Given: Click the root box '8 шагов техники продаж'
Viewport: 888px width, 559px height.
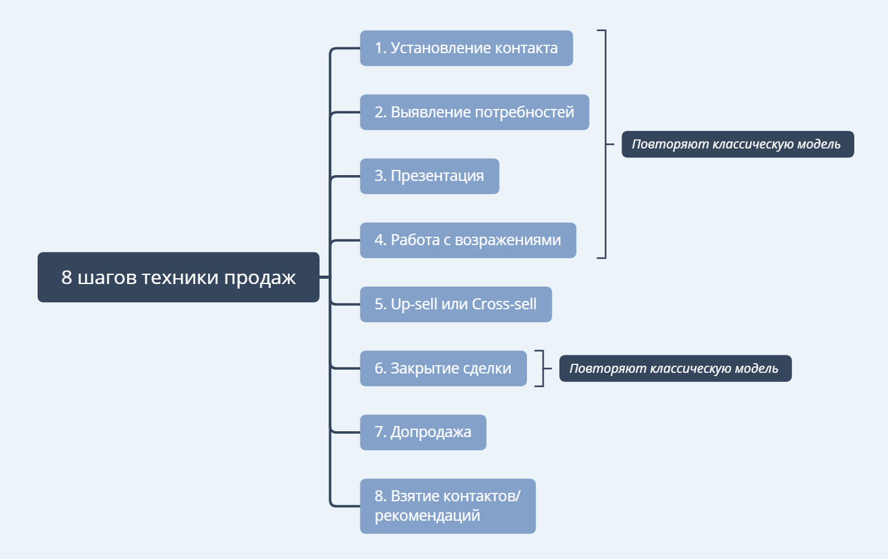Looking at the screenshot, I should coord(178,278).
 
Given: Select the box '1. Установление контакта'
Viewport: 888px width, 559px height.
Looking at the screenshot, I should coord(466,48).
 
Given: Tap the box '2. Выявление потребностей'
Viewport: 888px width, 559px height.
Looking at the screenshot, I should coord(474,112).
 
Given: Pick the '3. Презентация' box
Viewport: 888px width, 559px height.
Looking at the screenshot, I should coord(429,176).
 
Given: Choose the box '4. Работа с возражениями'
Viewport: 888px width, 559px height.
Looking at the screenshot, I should coord(467,241).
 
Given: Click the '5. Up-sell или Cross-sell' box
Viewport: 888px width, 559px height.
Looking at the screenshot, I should coord(456,304).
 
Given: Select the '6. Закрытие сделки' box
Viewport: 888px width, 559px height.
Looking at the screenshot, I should coord(443,368).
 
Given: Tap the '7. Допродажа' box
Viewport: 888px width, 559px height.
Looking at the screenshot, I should coord(423,433).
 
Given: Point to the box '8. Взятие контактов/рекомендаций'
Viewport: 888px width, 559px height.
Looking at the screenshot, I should coord(447,506).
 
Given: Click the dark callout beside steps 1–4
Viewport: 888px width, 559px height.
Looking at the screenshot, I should coord(737,145).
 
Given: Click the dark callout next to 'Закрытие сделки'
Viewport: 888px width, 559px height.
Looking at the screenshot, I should coord(675,368).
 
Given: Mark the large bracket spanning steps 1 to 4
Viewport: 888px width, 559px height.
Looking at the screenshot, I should coord(605,144).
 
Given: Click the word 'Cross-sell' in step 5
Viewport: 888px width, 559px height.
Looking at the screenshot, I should coord(504,304).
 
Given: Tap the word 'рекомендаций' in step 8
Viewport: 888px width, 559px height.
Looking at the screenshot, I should coord(427,516).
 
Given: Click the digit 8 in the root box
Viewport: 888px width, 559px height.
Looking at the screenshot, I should coord(66,278).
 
